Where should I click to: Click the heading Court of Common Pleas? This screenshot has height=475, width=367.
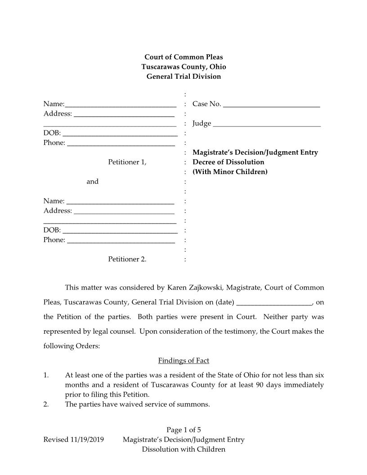pyautogui.click(x=183, y=57)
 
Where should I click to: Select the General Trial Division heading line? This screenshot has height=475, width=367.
pyautogui.click(x=183, y=76)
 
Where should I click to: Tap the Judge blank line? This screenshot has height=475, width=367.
pyautogui.click(x=267, y=125)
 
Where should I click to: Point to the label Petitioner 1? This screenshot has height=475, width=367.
pyautogui.click(x=127, y=162)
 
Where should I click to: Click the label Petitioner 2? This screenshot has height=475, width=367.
pyautogui.click(x=127, y=259)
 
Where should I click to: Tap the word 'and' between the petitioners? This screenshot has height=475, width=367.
pyautogui.click(x=92, y=182)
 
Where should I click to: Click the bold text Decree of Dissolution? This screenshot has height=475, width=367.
pyautogui.click(x=228, y=162)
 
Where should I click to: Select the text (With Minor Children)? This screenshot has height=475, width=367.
pyautogui.click(x=230, y=172)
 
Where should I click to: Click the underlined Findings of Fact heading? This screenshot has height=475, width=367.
pyautogui.click(x=183, y=361)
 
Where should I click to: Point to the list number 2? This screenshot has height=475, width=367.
pyautogui.click(x=46, y=404)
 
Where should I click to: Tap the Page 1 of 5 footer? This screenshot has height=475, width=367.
pyautogui.click(x=183, y=430)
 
